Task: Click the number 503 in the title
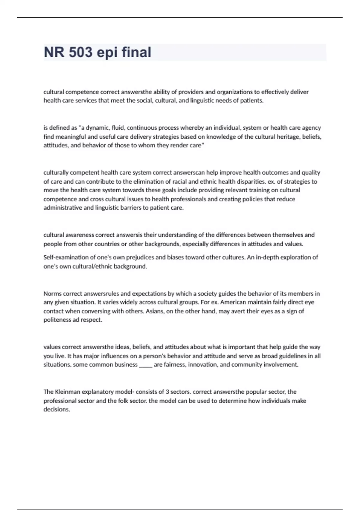(80, 52)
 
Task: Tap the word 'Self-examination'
(65, 257)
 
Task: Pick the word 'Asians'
(155, 311)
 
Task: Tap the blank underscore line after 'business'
(146, 365)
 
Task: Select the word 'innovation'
(202, 365)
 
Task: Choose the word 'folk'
(123, 401)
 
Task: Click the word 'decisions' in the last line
(56, 409)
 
